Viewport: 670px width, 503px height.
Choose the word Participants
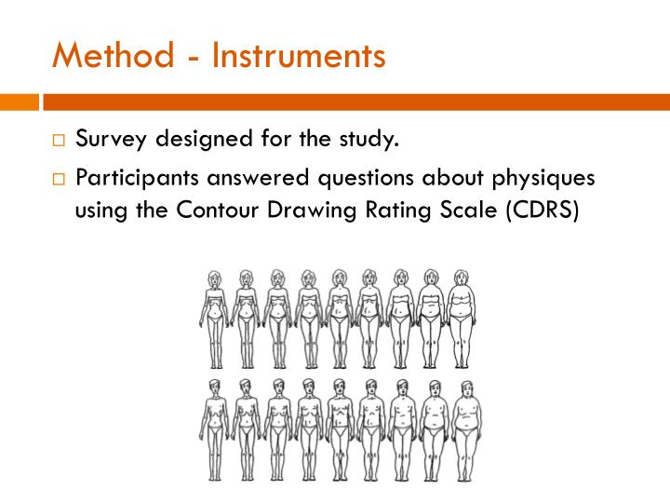pyautogui.click(x=140, y=177)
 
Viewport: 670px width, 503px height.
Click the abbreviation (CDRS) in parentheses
pyautogui.click(x=543, y=210)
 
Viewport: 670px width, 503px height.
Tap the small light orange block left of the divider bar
pyautogui.click(x=19, y=102)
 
